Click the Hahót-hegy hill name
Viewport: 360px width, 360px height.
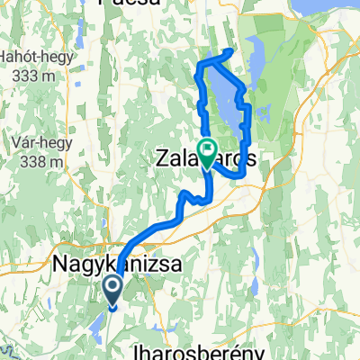pos(33,58)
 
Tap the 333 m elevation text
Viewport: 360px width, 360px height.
pos(34,76)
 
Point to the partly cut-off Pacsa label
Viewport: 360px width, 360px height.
pos(131,4)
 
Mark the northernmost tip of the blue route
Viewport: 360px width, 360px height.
pos(231,50)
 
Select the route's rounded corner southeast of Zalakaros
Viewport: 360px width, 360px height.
pos(241,175)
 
